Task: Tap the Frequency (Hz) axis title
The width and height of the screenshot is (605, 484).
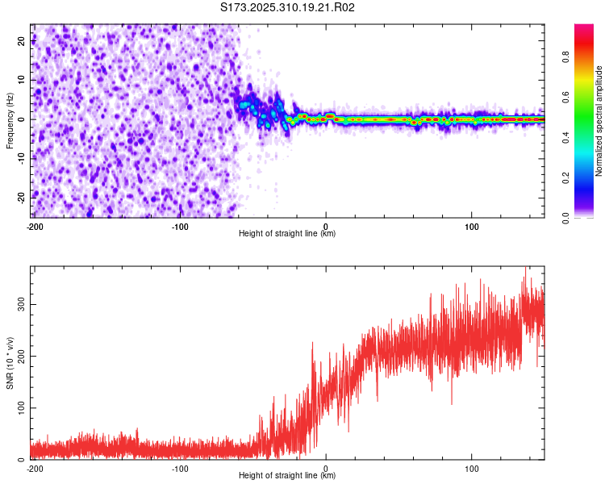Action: [10, 121]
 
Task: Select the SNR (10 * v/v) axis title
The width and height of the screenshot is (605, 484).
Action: [10, 363]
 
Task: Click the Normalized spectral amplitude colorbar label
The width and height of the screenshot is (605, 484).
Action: [599, 121]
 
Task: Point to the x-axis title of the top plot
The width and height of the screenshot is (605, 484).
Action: [287, 234]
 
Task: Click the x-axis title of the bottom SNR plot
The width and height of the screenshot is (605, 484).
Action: [287, 476]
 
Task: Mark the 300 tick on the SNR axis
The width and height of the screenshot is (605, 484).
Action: [20, 303]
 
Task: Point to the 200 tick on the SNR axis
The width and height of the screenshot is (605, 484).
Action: [20, 356]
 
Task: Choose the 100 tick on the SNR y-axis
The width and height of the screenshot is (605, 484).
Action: [20, 408]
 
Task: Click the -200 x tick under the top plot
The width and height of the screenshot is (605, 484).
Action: [34, 226]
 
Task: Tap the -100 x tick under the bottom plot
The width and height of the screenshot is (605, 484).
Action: [179, 468]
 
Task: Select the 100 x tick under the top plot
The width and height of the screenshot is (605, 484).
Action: [472, 226]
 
